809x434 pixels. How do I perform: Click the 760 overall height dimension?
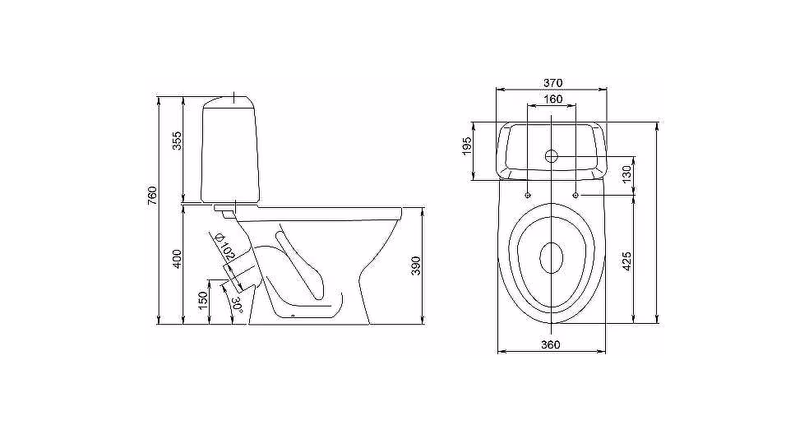point(152,196)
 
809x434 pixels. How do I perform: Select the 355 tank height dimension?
point(177,141)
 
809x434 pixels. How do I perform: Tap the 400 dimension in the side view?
point(177,259)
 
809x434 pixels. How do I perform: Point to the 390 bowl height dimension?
point(417,265)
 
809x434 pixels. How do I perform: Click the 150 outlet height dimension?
point(202,302)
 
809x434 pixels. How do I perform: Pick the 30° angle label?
point(237,304)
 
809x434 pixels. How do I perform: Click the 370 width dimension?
point(552,82)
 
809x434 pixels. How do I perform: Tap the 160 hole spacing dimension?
point(552,99)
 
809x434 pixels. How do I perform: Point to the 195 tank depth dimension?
point(467,146)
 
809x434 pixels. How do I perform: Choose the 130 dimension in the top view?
point(626,174)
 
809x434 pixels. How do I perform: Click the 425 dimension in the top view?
point(626,261)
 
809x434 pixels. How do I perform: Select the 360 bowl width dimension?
point(551,344)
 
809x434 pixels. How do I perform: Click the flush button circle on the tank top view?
point(552,155)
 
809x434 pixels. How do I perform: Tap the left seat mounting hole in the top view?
point(527,195)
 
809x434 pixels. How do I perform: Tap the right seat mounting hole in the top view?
point(576,195)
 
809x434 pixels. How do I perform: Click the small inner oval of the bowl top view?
point(552,258)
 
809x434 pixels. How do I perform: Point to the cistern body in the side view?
point(229,150)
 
